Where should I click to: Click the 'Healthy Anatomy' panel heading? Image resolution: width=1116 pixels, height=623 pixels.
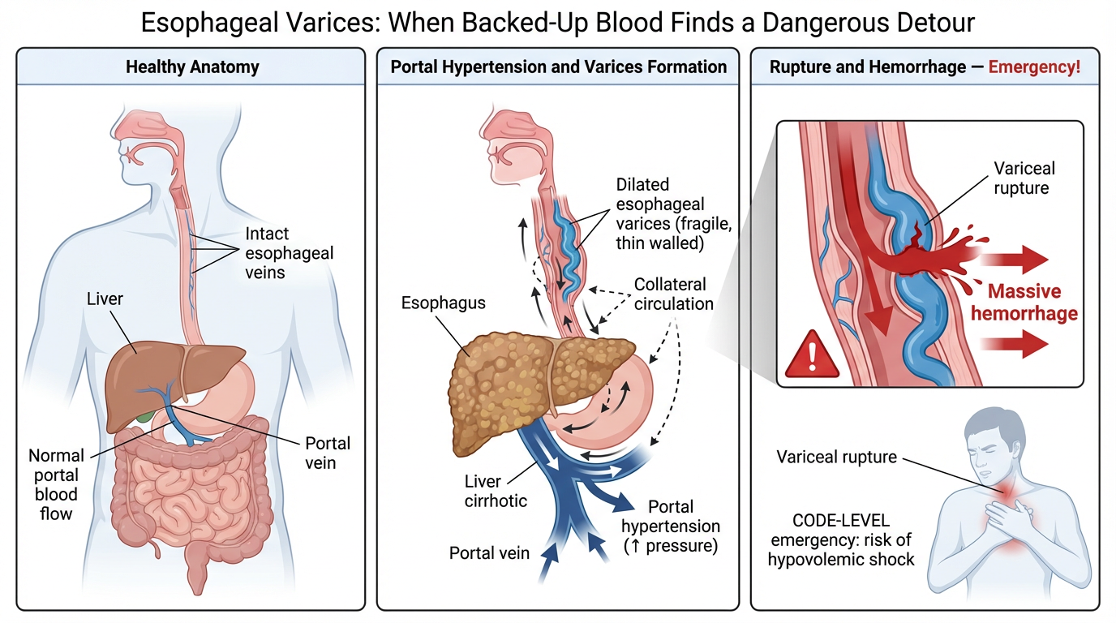[x=192, y=67]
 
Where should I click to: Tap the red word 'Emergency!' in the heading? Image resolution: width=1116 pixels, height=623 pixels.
[x=1034, y=67]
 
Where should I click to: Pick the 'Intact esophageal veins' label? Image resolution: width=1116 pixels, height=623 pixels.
[x=289, y=253]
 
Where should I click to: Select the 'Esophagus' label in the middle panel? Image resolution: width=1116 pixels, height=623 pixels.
[x=443, y=303]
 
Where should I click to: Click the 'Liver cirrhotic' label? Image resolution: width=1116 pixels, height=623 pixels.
[x=496, y=492]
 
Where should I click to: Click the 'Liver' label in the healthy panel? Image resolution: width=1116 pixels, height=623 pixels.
[x=105, y=299]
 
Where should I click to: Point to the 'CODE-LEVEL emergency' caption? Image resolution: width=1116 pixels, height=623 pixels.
[x=843, y=539]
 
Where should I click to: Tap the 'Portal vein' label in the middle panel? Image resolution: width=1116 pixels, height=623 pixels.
[x=489, y=553]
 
